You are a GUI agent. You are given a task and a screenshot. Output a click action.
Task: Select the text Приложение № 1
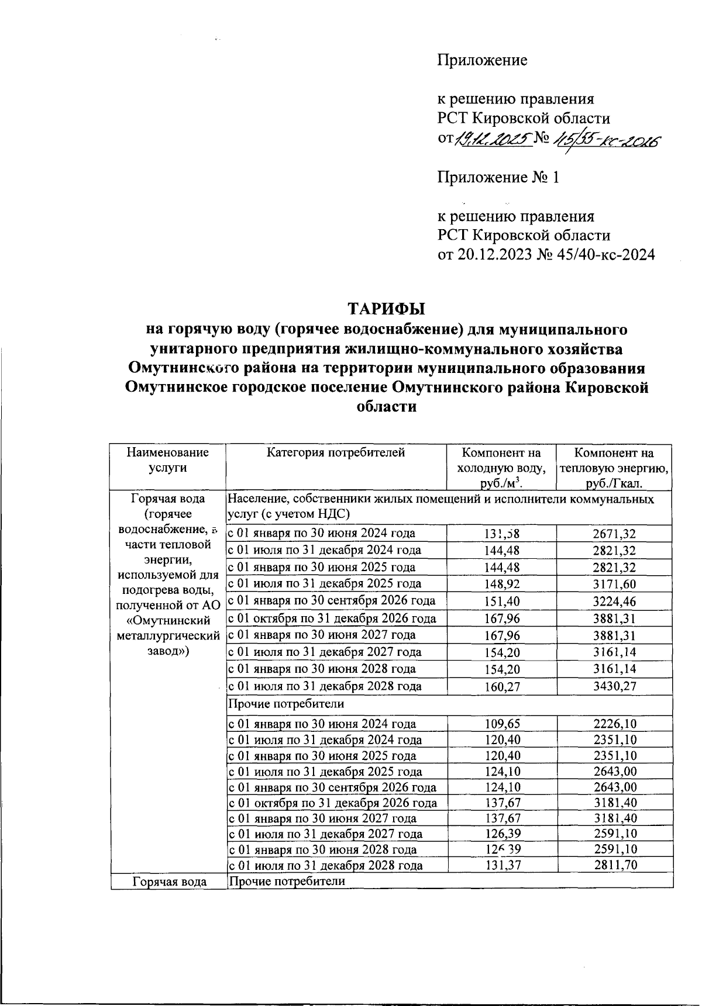(x=498, y=177)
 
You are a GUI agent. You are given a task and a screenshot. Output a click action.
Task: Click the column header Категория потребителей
(x=336, y=452)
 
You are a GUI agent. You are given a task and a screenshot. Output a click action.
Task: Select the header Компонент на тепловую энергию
(x=614, y=468)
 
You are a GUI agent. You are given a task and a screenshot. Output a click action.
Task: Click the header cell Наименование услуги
(x=168, y=460)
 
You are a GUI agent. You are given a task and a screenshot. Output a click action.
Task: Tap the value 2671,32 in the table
(x=614, y=533)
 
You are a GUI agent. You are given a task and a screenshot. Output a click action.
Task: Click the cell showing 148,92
(x=502, y=584)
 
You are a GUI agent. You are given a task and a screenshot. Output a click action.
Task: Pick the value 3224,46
(x=614, y=601)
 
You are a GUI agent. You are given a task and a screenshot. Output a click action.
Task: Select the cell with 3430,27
(x=614, y=686)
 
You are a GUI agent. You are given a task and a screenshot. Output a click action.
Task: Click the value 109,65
(x=502, y=724)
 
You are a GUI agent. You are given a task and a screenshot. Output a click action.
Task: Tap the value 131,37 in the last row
(x=502, y=866)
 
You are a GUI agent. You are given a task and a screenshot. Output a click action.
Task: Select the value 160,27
(x=502, y=686)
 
